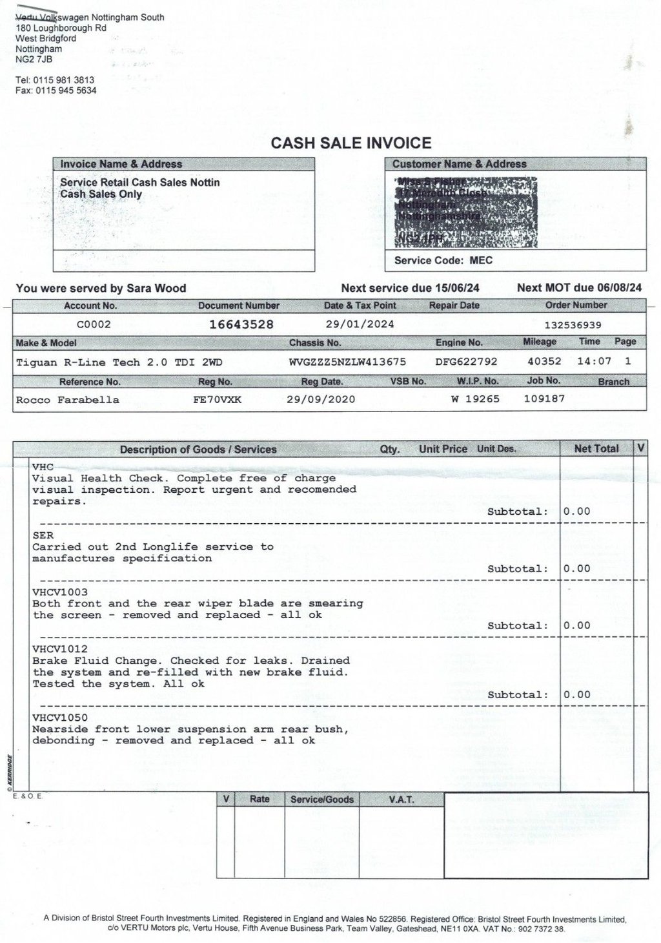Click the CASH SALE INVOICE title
(351, 143)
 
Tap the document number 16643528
(241, 324)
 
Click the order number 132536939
(573, 325)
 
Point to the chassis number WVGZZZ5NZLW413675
(348, 362)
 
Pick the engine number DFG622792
(467, 362)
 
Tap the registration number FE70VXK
(217, 399)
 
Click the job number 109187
(544, 399)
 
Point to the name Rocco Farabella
(68, 400)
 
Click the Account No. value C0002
(94, 325)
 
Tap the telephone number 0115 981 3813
(64, 80)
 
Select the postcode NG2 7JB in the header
(34, 59)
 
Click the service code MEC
(481, 260)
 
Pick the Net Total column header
(596, 448)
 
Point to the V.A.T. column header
(402, 800)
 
